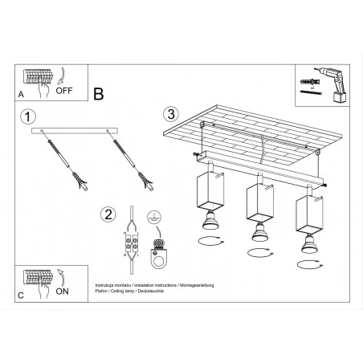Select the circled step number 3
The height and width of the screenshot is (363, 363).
pos(169,113)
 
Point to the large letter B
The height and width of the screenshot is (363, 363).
pos(98,94)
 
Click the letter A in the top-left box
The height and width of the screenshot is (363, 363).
pos(22,95)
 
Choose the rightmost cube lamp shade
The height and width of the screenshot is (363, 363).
pos(309,211)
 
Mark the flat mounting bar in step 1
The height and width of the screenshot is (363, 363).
pos(74,132)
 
